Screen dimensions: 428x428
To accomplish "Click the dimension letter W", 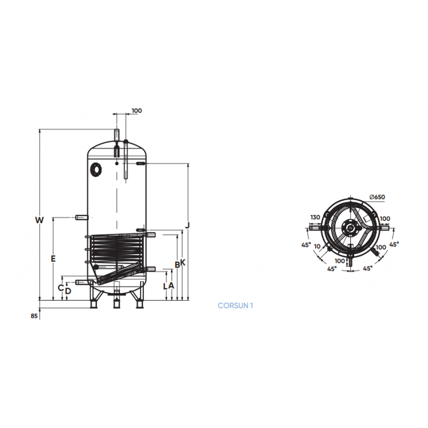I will point(39,220).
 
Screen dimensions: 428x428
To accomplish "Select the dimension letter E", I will point(52,259).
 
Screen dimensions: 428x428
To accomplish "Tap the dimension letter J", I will point(187,225).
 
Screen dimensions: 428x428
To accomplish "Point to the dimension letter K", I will point(182,263).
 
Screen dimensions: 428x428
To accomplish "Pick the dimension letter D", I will point(68,291).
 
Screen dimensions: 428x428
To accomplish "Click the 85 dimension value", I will point(34,316).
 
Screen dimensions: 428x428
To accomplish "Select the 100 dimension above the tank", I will point(136,111).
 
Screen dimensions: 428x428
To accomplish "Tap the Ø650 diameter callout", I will point(377,197).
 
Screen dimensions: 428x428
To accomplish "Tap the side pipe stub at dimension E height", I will point(83,217).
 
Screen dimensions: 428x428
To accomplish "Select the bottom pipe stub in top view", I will point(350,261).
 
